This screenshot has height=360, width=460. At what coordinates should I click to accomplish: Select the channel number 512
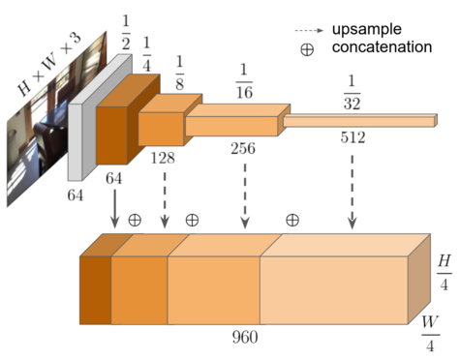point(353,138)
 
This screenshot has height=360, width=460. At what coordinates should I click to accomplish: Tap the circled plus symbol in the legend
point(307,49)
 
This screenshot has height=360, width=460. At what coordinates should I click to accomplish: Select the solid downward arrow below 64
point(114,208)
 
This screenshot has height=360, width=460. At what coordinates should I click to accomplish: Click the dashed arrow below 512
point(353,189)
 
